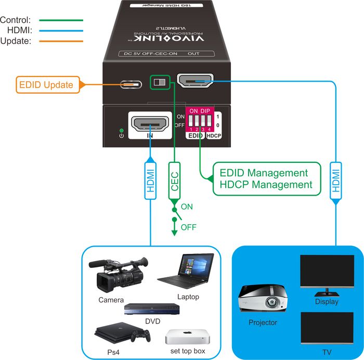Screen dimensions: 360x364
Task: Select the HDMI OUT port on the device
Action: pos(195,81)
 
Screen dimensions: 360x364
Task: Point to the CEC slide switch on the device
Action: pos(161,82)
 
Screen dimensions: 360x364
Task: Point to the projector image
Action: pos(263,301)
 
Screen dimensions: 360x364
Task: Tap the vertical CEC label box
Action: pos(175,179)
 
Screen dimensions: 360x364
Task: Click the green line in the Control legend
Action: pos(59,20)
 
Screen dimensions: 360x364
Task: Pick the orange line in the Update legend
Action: pos(59,41)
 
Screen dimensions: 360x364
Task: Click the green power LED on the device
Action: pos(121,130)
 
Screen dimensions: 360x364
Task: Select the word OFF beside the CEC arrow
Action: pos(188,227)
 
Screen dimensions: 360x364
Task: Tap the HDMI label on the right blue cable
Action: pos(335,179)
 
